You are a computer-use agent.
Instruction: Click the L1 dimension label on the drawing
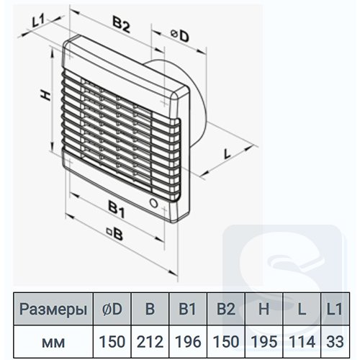click(x=38, y=21)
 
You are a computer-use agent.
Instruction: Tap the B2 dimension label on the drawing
click(x=121, y=24)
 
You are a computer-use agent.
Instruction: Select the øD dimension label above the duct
click(x=180, y=36)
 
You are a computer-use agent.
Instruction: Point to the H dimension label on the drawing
click(x=45, y=96)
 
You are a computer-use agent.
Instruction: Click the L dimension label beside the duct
click(x=226, y=153)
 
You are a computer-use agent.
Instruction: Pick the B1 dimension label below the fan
click(x=117, y=210)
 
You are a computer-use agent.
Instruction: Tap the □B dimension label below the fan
click(x=115, y=234)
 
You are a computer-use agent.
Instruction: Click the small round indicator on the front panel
click(x=153, y=203)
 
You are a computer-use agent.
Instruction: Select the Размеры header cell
click(x=53, y=310)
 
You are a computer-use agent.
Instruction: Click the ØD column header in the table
click(x=112, y=309)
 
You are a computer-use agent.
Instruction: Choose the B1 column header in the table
click(x=188, y=309)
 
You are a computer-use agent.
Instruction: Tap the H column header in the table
click(x=264, y=309)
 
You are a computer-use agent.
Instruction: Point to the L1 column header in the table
click(x=335, y=309)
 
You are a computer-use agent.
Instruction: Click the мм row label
click(x=53, y=343)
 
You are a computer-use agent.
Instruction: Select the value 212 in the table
click(x=150, y=341)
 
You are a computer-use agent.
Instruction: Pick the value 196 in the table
click(x=188, y=341)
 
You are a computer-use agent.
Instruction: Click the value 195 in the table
click(x=264, y=341)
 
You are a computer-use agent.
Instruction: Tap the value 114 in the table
click(x=302, y=341)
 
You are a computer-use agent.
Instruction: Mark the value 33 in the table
click(x=335, y=341)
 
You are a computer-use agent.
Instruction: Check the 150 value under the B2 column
click(x=226, y=341)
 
